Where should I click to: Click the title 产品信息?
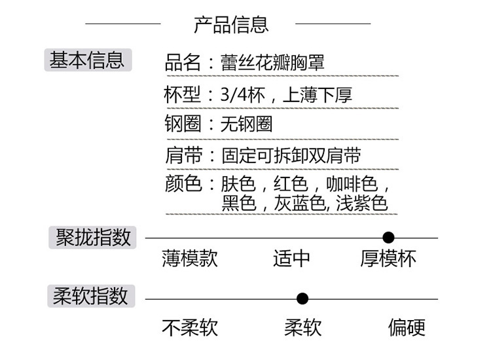tap(231, 24)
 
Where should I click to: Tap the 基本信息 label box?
tap(87, 60)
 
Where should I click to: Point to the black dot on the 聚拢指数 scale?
tap(388, 238)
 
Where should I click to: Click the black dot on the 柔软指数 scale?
tap(302, 299)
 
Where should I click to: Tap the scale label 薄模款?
tap(190, 259)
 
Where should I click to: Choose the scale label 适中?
tap(291, 259)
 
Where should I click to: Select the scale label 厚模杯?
tap(388, 259)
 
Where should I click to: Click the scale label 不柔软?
tap(190, 327)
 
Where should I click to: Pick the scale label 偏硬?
tap(407, 327)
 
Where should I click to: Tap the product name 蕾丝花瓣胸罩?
tap(272, 63)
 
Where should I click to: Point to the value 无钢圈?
tap(246, 124)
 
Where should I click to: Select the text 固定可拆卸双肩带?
tap(291, 155)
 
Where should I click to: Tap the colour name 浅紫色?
tap(362, 203)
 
